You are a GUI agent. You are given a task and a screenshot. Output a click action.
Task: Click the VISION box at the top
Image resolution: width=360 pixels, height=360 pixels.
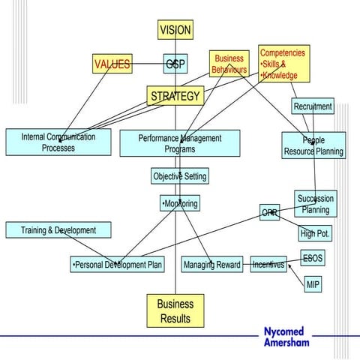point(175,30)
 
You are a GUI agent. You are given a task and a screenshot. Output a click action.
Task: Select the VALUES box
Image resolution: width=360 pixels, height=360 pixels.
point(112,64)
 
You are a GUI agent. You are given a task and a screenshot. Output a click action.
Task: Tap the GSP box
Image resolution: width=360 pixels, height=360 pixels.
point(175,64)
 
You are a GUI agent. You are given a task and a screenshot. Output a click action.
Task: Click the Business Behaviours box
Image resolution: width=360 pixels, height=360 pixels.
point(229,64)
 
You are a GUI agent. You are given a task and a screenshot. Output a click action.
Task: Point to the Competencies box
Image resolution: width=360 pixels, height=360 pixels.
point(283,64)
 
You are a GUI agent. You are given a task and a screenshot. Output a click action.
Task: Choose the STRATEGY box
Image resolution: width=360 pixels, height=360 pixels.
point(175,96)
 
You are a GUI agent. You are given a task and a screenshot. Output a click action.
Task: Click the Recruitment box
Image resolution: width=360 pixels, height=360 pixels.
point(313,106)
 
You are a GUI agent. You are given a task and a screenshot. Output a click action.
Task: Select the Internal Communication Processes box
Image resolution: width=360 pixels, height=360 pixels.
point(58,142)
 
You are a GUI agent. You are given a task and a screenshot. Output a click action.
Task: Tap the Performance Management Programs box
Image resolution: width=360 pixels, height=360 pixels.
point(180,143)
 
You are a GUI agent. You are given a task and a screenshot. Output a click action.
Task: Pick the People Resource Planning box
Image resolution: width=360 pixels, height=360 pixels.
point(313,145)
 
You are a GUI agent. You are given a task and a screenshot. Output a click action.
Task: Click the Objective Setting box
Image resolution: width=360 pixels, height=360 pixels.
point(179,176)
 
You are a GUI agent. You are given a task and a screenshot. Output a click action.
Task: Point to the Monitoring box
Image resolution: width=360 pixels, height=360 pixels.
point(180,203)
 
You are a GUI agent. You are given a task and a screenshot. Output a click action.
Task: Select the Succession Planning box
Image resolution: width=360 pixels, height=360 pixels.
point(315,204)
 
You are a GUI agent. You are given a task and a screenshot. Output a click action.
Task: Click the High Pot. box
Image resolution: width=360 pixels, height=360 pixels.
point(315,234)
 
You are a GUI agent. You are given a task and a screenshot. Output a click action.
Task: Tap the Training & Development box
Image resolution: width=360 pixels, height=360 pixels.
point(59,229)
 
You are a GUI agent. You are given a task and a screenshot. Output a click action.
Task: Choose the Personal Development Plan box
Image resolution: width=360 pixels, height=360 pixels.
point(117,265)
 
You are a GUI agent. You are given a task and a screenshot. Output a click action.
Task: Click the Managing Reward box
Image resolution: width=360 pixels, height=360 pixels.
point(212,265)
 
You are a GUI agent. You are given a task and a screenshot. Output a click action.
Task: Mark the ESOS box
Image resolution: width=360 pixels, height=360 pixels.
point(313,259)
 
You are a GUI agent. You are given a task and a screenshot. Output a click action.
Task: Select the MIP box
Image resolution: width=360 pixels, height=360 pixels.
point(313,285)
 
